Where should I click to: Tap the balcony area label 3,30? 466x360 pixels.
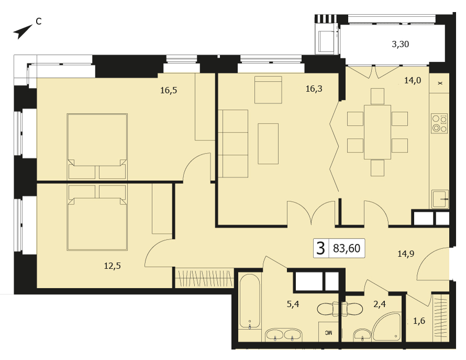400,45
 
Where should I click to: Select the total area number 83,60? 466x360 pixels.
347,248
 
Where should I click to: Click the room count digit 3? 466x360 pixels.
320,248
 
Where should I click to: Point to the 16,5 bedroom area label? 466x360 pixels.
169,90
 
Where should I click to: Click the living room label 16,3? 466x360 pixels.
314,89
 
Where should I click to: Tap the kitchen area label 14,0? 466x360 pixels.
413,80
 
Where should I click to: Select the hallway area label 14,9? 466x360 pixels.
406,254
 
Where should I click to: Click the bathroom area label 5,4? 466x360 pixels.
293,304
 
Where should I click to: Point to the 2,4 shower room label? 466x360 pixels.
380,304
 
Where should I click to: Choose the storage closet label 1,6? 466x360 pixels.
419,321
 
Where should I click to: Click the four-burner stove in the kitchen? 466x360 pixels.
439,124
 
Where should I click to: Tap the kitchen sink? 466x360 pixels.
440,199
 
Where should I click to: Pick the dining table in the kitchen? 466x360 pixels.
377,132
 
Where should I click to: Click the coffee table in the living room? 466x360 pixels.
268,144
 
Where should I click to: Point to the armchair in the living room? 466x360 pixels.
268,90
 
